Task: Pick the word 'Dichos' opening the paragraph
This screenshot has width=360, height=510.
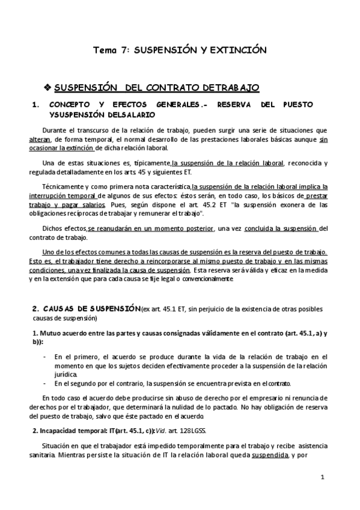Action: pyautogui.click(x=53, y=229)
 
